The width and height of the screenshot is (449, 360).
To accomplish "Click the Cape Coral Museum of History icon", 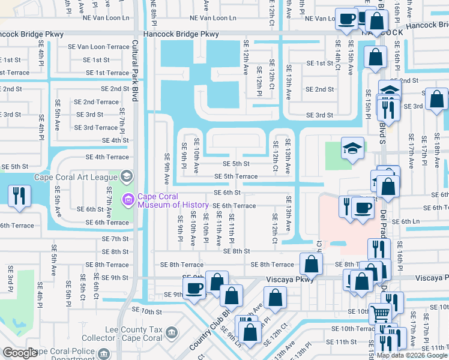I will click(x=127, y=199).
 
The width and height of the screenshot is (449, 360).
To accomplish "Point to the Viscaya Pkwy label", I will click(x=290, y=280).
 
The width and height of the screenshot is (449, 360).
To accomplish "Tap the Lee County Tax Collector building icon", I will click(x=171, y=332).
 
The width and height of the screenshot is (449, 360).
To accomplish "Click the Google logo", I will click(x=20, y=353).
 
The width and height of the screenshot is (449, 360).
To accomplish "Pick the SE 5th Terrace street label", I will click(x=237, y=176).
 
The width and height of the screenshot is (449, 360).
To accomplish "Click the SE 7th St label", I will click(x=115, y=239).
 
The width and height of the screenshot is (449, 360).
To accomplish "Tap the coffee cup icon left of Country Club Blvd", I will click(x=194, y=288).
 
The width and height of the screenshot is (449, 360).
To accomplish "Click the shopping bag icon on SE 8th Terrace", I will click(x=311, y=263).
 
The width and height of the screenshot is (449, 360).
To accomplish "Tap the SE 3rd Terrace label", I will click(x=95, y=128).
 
